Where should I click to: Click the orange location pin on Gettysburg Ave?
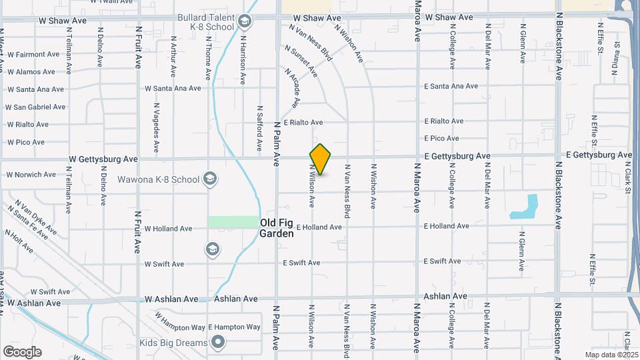click(320, 159)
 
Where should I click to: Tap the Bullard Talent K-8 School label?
click(206, 22)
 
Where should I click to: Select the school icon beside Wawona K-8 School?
click(210, 179)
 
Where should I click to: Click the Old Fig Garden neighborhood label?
click(277, 228)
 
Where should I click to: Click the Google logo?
click(22, 352)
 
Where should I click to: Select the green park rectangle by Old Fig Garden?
click(233, 222)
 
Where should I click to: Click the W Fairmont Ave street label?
click(35, 55)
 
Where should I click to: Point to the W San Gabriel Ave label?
click(37, 107)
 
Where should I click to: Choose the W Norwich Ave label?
click(31, 175)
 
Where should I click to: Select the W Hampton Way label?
click(180, 321)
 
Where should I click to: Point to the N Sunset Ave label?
click(301, 60)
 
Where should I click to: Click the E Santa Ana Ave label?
click(451, 86)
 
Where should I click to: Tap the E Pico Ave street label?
click(441, 138)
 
